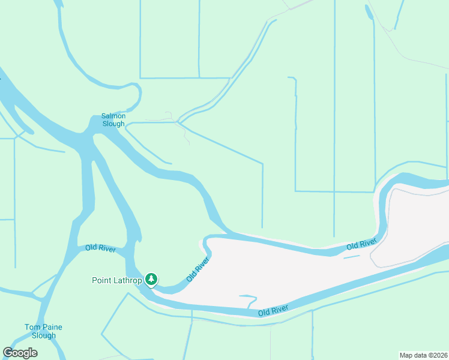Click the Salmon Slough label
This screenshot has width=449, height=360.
click(113, 120)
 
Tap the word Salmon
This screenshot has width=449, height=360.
click(113, 116)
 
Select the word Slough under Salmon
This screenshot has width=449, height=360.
click(113, 124)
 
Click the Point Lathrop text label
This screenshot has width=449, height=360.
click(117, 280)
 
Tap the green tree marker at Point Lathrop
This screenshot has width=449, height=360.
click(152, 279)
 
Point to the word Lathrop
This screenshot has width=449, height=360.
click(127, 280)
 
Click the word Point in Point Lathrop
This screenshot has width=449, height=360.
click(101, 280)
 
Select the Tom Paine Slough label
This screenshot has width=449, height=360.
click(43, 331)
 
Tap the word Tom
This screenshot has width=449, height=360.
click(32, 327)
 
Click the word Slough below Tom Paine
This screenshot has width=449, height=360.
click(43, 335)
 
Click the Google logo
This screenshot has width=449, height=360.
click(20, 353)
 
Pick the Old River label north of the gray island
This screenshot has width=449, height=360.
click(361, 244)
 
